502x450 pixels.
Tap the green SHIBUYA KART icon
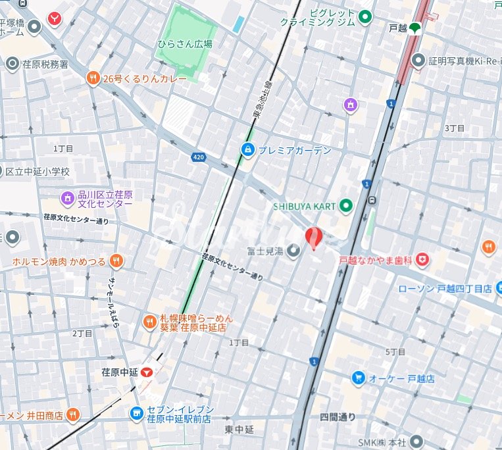pyautogui.click(x=346, y=206)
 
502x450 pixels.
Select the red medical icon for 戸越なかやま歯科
pyautogui.click(x=422, y=261)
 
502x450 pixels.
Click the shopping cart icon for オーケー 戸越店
pyautogui.click(x=358, y=378)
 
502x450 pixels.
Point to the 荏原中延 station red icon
pyautogui.click(x=147, y=372)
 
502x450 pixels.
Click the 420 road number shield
pyautogui.click(x=198, y=157)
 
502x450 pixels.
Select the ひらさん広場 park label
pyautogui.click(x=185, y=43)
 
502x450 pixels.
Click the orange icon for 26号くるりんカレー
pyautogui.click(x=93, y=78)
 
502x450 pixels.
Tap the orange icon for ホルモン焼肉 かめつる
pyautogui.click(x=116, y=261)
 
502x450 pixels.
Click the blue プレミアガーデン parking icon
pyautogui.click(x=247, y=150)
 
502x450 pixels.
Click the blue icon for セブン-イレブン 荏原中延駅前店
pyautogui.click(x=136, y=413)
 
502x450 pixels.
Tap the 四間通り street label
pyautogui.click(x=338, y=416)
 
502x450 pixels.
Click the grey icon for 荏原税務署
pyautogui.click(x=11, y=64)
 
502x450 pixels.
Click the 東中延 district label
pyautogui.click(x=239, y=429)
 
